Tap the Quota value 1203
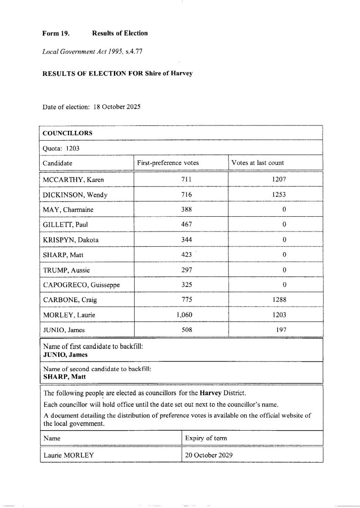tap(72, 148)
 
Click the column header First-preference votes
tap(168, 163)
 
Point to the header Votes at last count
tap(257, 163)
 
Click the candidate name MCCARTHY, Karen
tap(73, 180)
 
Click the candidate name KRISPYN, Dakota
tap(71, 240)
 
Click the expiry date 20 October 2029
tap(209, 455)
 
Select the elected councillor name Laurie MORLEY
tap(68, 455)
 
